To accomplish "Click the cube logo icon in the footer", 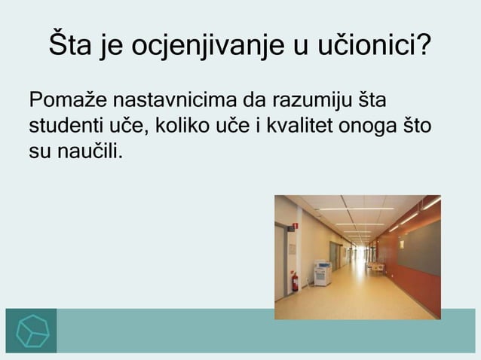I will click(x=31, y=331).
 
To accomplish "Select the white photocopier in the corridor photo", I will click(x=322, y=273).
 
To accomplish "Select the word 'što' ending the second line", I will click(x=417, y=125).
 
